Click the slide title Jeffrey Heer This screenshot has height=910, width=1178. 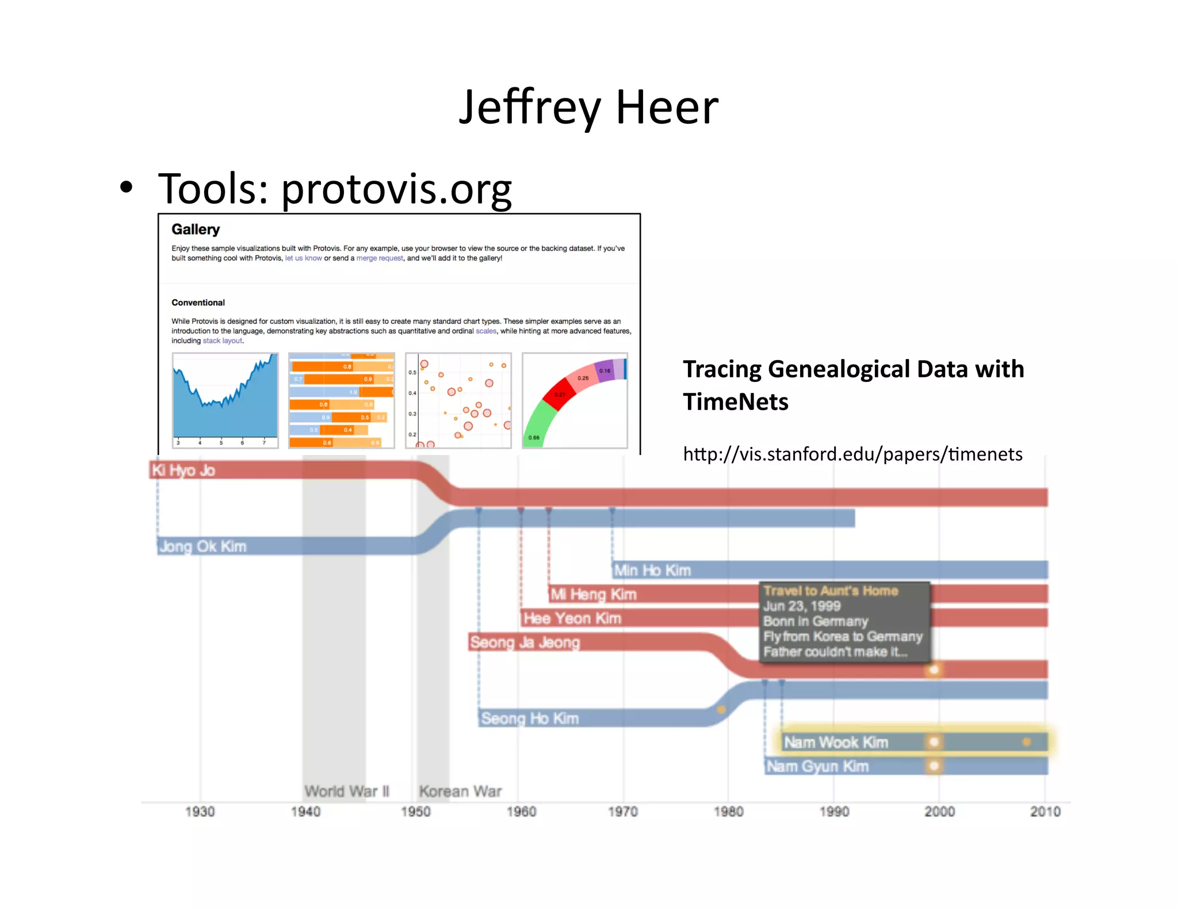click(588, 108)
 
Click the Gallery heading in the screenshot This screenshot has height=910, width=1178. click(196, 230)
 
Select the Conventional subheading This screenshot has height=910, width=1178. click(198, 303)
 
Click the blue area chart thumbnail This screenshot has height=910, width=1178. click(225, 401)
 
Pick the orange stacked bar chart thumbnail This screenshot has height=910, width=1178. click(342, 401)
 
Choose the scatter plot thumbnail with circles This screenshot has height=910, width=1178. click(458, 401)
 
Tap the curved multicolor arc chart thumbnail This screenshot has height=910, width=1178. click(575, 401)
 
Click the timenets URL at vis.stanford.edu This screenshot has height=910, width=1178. click(852, 454)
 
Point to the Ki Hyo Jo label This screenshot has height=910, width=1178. click(183, 471)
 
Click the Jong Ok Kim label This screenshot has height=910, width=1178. click(202, 546)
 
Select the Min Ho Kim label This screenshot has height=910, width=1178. click(652, 571)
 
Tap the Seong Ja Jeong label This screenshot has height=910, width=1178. click(525, 643)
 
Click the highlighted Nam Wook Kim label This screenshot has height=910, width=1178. click(836, 743)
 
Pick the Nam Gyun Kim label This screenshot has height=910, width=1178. click(817, 767)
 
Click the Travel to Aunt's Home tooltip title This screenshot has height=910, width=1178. click(831, 591)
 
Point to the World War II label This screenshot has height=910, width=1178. click(347, 792)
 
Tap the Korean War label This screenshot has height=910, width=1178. click(460, 792)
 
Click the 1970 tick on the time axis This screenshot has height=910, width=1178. click(623, 812)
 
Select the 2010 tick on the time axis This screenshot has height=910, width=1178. click(1045, 812)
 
